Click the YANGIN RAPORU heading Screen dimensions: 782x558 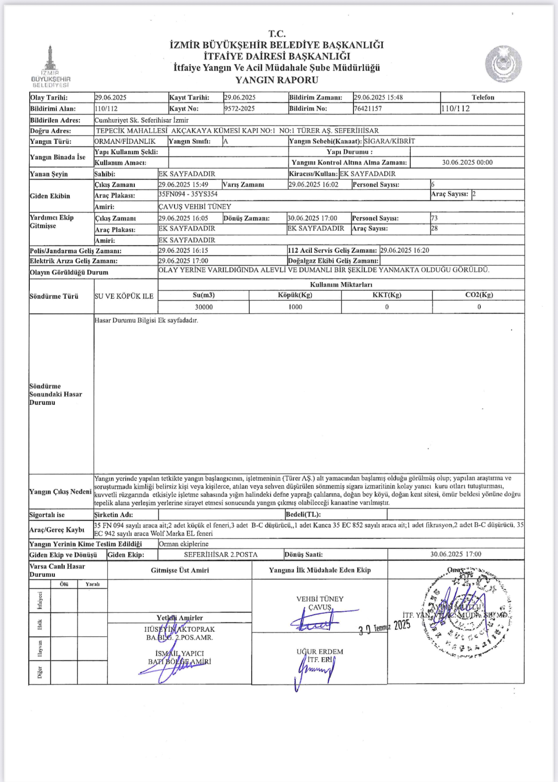277,80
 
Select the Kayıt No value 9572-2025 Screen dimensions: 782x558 239,108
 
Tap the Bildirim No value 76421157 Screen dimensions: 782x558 368,108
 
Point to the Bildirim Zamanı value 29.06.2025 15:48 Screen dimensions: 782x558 378,98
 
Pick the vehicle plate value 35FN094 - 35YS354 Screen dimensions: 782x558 188,194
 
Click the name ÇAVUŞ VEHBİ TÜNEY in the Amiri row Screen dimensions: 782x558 195,207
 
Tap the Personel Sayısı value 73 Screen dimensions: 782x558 434,218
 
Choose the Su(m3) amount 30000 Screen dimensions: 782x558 204,307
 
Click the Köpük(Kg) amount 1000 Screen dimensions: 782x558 295,307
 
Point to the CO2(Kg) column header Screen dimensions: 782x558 479,295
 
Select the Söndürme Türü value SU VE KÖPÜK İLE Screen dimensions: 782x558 124,297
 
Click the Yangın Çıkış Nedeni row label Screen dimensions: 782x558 60,492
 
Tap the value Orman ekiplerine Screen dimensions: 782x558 184,544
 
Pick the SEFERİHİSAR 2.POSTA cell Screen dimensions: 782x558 221,555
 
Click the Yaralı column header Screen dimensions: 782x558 93,584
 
